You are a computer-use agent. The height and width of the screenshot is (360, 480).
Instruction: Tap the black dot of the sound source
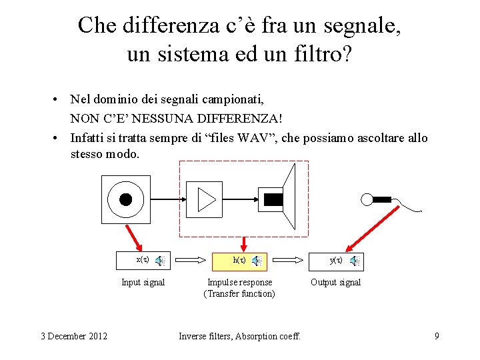(125, 199)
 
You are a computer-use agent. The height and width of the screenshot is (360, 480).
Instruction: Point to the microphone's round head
(367, 199)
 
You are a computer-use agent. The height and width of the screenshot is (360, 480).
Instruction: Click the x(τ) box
(142, 260)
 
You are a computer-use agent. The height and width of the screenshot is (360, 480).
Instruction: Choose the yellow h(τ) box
(240, 261)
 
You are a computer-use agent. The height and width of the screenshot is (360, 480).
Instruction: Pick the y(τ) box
(337, 261)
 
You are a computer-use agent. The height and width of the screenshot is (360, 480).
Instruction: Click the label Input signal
(143, 283)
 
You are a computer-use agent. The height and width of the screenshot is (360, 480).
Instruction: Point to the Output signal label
(335, 283)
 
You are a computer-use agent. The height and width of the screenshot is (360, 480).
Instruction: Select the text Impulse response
(240, 283)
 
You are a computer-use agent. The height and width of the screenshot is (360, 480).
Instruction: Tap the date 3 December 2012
(73, 336)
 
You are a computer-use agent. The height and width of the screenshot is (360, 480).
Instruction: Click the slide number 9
(437, 336)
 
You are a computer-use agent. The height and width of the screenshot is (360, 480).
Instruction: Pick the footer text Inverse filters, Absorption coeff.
(240, 336)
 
